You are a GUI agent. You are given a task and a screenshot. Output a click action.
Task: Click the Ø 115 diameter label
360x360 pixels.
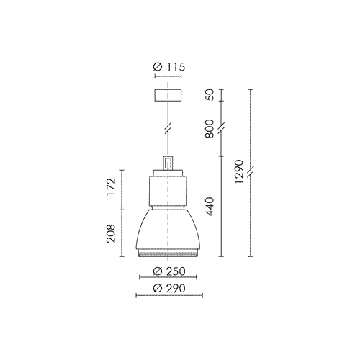(169, 67)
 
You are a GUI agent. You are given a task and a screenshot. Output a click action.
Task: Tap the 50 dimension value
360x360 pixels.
(210, 95)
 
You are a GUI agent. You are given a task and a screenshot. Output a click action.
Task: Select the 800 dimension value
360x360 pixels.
(210, 129)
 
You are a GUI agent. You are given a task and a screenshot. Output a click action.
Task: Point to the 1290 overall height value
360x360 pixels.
(239, 172)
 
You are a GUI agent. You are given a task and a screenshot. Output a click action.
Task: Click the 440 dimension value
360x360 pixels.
(210, 207)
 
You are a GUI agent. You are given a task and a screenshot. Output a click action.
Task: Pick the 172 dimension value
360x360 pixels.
(112, 187)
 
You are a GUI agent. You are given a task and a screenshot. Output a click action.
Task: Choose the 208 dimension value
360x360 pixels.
(112, 234)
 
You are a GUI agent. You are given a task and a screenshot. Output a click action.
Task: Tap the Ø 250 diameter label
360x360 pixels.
(169, 271)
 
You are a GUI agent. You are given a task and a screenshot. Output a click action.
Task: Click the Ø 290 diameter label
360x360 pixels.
(169, 288)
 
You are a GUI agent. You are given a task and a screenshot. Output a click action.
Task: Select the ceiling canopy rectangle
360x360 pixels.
(168, 95)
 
